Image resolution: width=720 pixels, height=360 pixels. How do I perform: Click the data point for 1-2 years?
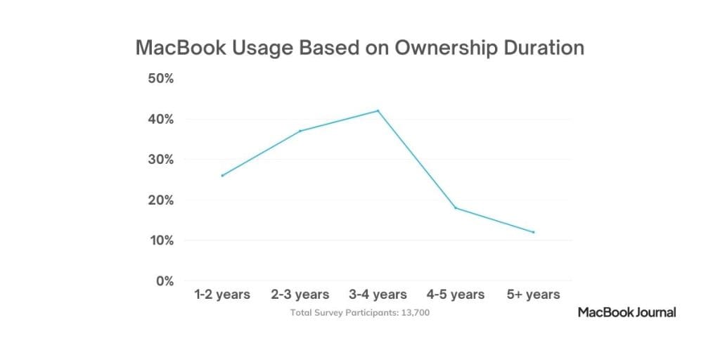click(x=222, y=175)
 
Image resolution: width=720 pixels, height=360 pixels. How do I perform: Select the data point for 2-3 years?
click(x=300, y=131)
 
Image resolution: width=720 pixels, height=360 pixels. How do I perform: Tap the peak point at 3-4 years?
click(x=378, y=110)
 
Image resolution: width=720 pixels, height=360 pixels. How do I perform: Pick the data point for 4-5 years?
click(x=456, y=207)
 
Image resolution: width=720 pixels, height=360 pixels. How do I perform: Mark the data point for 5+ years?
click(x=534, y=232)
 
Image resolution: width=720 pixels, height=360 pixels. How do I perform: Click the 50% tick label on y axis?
click(x=160, y=78)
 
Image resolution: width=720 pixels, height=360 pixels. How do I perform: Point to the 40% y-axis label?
click(x=160, y=119)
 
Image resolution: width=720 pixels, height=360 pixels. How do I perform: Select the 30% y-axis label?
click(x=160, y=160)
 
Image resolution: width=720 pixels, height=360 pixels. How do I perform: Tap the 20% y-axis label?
click(x=160, y=200)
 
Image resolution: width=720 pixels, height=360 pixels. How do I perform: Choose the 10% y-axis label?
click(x=160, y=240)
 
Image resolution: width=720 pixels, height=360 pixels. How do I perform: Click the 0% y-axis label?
click(x=164, y=281)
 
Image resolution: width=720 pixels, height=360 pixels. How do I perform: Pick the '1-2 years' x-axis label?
click(x=222, y=295)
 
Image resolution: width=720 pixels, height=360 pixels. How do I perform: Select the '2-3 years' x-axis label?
click(x=300, y=295)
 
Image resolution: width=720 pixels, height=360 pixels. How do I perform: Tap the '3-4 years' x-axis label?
click(x=378, y=295)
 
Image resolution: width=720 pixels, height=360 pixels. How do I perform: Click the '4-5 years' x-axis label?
click(x=456, y=295)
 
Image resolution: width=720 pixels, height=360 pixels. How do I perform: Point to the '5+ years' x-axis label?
click(x=534, y=295)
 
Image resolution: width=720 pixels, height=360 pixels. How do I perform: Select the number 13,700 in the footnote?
click(x=413, y=312)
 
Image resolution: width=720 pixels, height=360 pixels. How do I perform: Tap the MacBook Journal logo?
click(x=626, y=312)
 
